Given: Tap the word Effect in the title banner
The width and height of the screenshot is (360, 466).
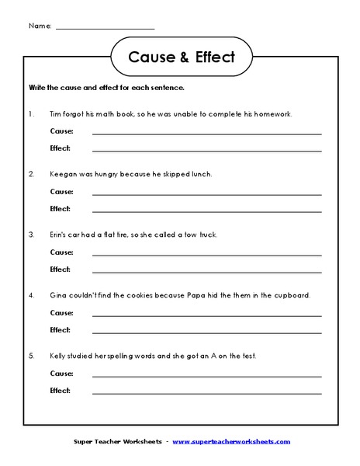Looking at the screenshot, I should coord(204,57).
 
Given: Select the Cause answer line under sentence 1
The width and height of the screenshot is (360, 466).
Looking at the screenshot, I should coord(206,133).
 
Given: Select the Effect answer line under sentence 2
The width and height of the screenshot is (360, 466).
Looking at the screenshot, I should coord(206,210).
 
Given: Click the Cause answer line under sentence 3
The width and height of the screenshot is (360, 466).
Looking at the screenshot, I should coord(206,254).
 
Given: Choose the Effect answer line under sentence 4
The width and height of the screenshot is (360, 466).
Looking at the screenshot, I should coord(206,332).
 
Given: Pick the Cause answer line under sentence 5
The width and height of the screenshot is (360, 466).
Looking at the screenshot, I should coord(206,375).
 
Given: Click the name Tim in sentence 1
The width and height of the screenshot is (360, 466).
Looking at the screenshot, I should coord(55,114).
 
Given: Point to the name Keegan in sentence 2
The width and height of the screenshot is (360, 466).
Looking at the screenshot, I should coord(64,175).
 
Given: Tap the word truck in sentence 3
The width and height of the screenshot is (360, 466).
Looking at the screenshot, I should coord(207,235).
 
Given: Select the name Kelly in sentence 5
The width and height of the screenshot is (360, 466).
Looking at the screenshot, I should coord(59,356).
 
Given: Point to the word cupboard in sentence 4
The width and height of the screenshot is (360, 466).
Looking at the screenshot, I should coord(291,295).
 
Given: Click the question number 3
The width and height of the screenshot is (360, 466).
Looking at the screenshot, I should coord(31,235).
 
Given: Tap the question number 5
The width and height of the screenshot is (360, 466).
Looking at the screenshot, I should coord(31,356).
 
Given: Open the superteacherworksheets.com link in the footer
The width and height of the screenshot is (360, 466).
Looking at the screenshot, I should coord(231,442).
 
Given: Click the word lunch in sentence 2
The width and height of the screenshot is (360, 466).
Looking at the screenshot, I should coord(200,175).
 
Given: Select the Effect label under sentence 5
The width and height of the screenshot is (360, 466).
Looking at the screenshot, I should coord(60,391).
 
